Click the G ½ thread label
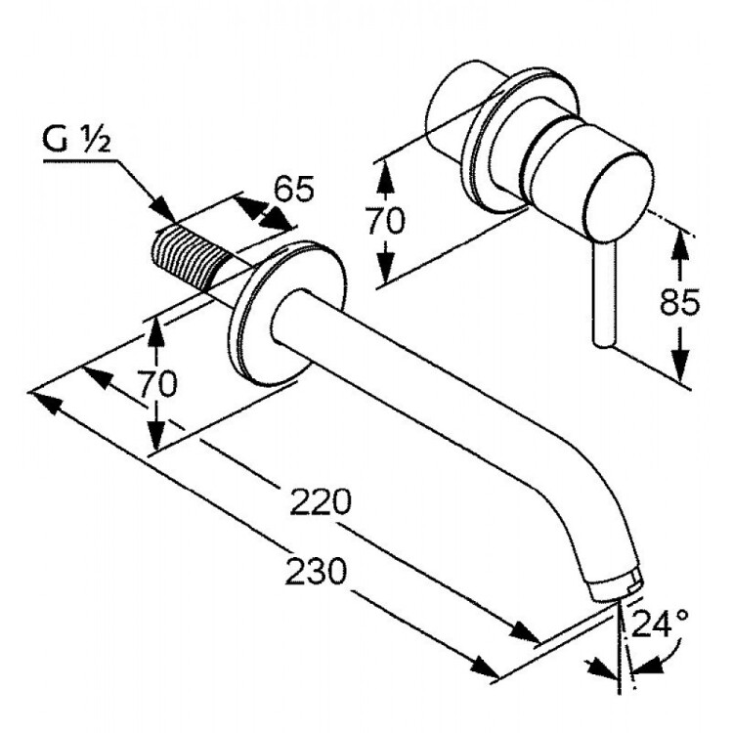[79, 142]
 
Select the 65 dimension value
[292, 188]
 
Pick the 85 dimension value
[678, 304]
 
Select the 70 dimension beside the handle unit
[385, 222]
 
